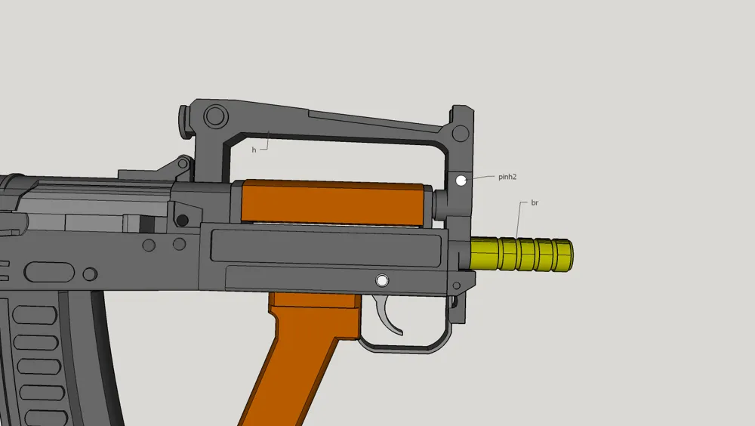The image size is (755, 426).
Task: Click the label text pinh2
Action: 507,177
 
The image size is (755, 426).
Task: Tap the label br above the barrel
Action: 535,203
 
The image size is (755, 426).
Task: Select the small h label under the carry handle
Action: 254,150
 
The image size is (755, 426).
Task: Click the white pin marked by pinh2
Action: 461,181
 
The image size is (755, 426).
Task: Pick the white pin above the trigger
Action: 382,280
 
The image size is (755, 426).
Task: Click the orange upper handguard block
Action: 332,202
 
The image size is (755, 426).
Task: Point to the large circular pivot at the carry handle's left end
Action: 215,116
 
